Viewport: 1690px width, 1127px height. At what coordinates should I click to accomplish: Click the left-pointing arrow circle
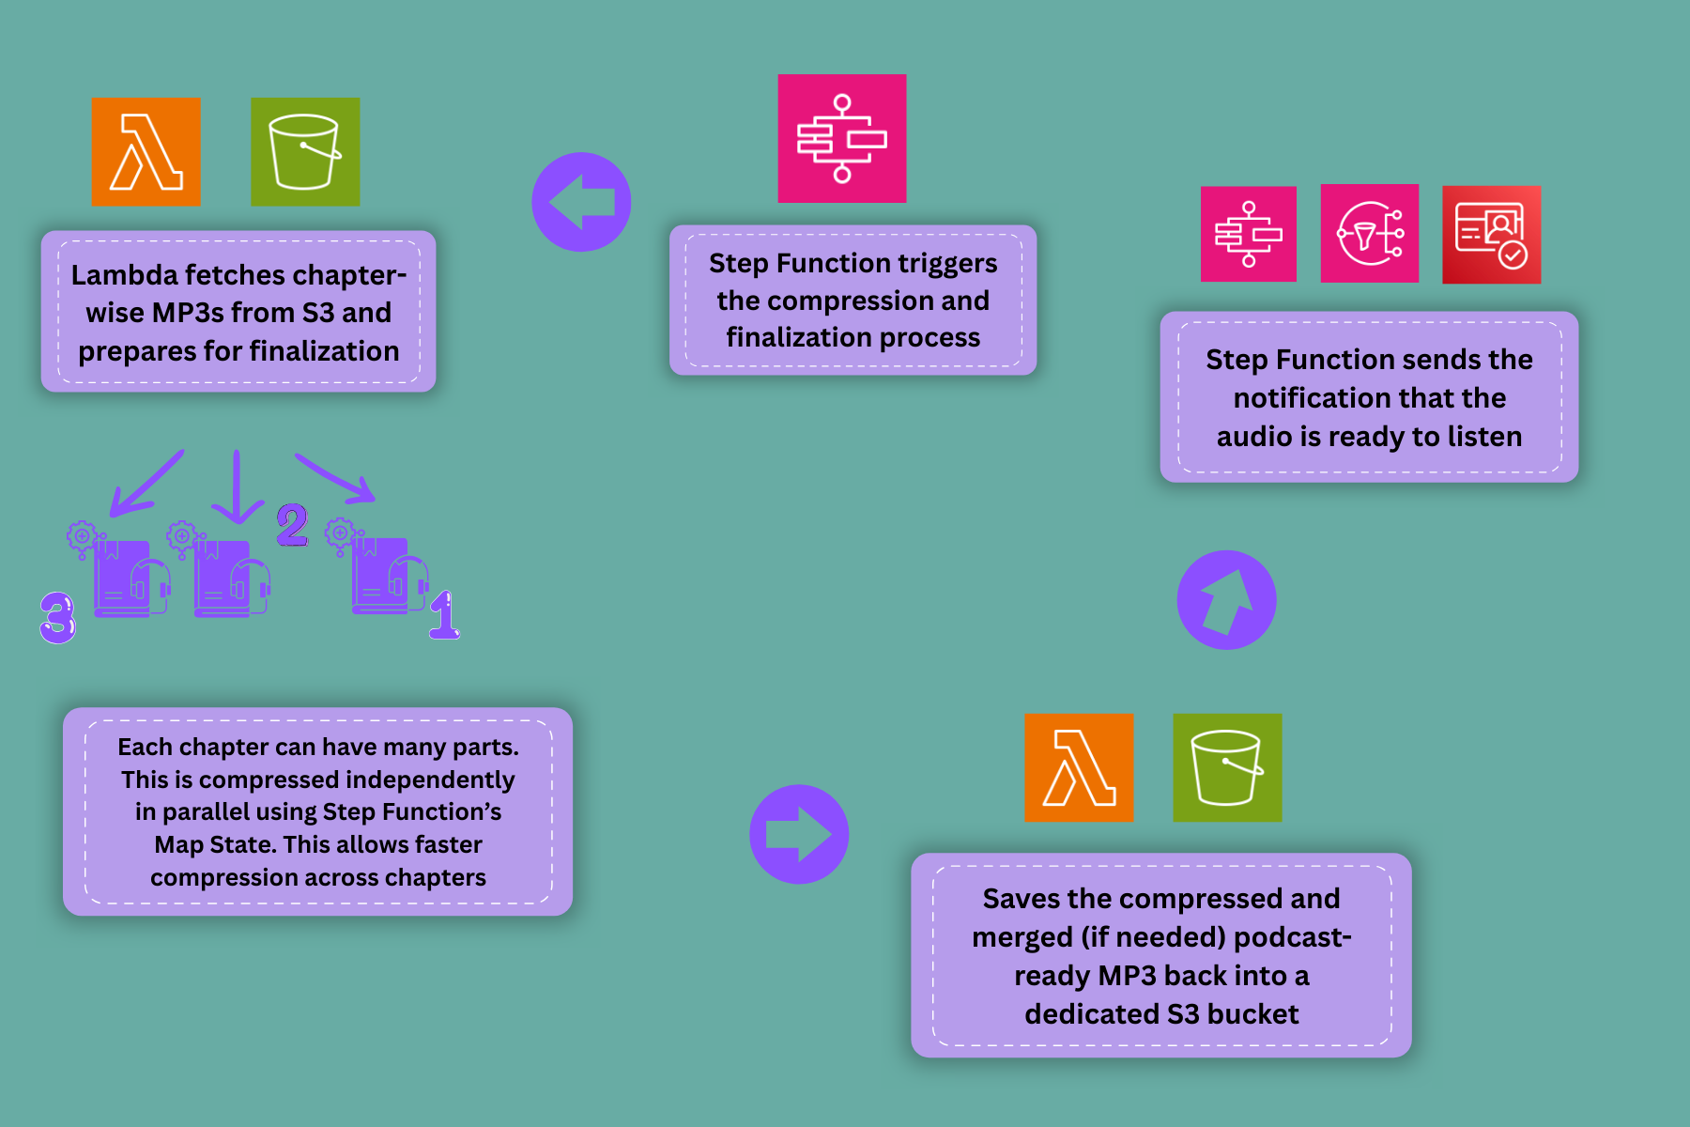click(x=581, y=202)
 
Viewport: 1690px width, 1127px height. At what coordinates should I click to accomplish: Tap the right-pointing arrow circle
click(x=799, y=834)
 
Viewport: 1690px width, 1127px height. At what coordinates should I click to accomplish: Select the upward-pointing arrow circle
click(x=1226, y=599)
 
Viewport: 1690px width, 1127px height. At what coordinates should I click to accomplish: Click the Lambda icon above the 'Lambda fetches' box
click(x=146, y=151)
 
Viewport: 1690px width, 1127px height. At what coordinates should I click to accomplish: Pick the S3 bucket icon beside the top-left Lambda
click(x=305, y=151)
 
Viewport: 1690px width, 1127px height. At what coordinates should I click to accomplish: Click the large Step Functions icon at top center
click(x=842, y=138)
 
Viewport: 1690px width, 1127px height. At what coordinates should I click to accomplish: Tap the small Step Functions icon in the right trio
click(x=1249, y=234)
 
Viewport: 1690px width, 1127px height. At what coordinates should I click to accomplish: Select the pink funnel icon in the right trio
click(x=1370, y=234)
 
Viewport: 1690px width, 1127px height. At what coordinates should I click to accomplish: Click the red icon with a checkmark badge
click(x=1491, y=234)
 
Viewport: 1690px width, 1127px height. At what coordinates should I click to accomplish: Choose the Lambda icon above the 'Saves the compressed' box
click(x=1079, y=767)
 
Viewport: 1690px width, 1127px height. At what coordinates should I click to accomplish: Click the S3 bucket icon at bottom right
click(x=1227, y=767)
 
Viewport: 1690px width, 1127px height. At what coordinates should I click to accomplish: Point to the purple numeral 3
click(x=57, y=617)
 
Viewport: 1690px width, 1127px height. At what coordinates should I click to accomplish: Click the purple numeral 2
click(x=292, y=524)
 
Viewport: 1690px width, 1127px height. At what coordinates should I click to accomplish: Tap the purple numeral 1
click(x=444, y=615)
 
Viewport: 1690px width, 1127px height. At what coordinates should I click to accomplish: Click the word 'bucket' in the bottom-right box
click(x=1252, y=1014)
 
